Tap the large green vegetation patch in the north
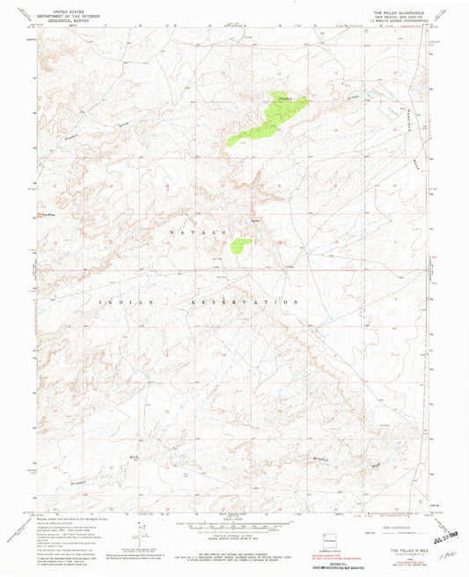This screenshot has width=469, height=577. (269, 120)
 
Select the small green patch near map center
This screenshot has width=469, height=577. (239, 246)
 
